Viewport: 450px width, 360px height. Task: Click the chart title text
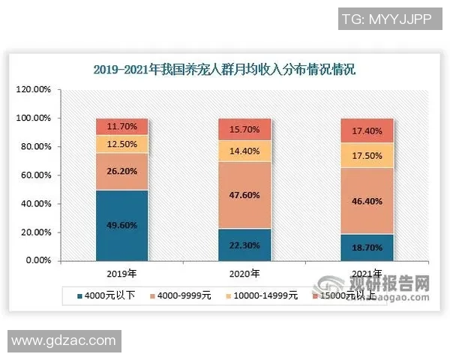click(x=224, y=70)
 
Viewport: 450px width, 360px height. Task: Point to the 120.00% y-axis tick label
click(x=34, y=90)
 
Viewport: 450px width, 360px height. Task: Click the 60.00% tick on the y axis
click(x=35, y=175)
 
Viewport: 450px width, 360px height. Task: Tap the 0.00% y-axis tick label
click(x=38, y=261)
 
